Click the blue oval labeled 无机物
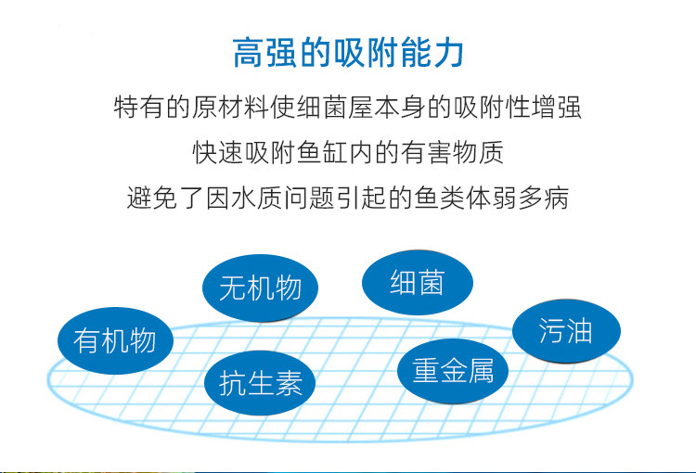[x=260, y=288]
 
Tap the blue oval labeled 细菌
[x=418, y=282]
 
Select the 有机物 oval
[x=115, y=340]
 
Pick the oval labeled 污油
[x=566, y=331]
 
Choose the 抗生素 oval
[x=260, y=383]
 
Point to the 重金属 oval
[x=452, y=371]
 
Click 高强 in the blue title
[x=265, y=52]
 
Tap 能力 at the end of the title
[x=432, y=52]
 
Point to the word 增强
[x=556, y=108]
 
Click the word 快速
[x=217, y=152]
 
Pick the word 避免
[x=152, y=198]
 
